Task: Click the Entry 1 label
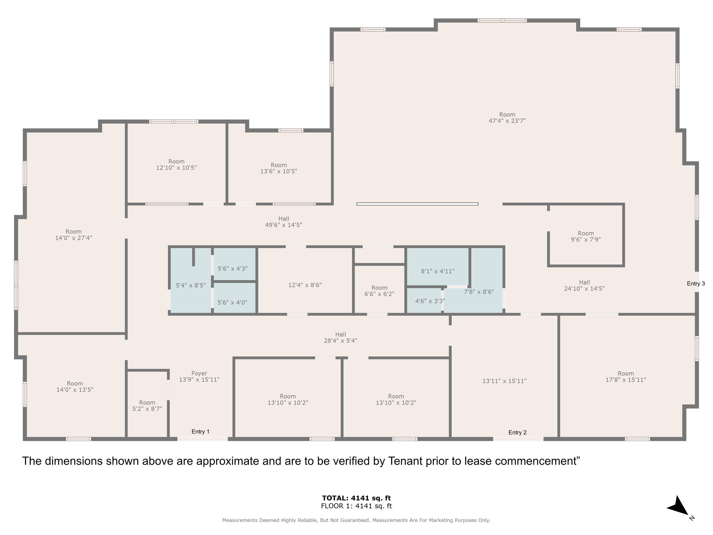click(201, 431)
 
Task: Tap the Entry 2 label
click(517, 433)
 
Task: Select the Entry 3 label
click(696, 284)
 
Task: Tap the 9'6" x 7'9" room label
click(586, 236)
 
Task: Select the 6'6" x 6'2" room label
click(379, 291)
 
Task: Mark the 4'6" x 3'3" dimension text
click(430, 301)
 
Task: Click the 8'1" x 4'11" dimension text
click(438, 271)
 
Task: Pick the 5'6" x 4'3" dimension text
click(232, 268)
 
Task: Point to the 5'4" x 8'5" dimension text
click(191, 285)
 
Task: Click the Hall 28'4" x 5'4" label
click(341, 337)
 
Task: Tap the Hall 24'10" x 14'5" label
click(584, 285)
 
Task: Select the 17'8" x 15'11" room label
click(626, 377)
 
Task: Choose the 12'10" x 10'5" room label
click(176, 165)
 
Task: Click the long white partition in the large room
click(417, 204)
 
